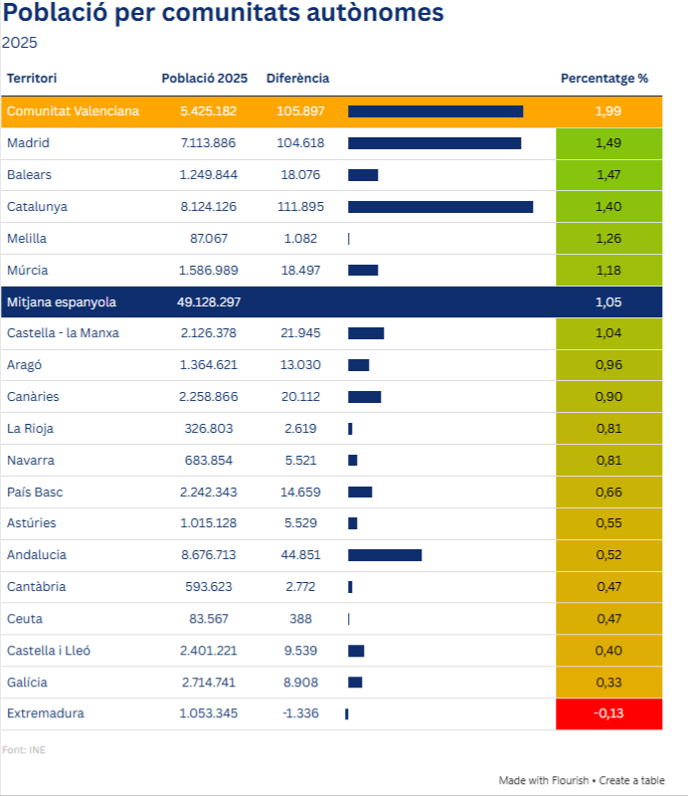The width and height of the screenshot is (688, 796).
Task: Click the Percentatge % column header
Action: [603, 78]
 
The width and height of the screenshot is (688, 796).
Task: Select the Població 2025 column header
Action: [204, 78]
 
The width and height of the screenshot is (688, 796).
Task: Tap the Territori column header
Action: [32, 78]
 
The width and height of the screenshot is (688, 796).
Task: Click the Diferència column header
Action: [297, 78]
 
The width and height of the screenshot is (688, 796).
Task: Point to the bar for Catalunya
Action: [440, 207]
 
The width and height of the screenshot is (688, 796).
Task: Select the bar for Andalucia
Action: [385, 555]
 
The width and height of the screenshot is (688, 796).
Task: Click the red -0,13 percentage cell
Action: [608, 713]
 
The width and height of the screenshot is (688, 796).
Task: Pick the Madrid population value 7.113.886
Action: [208, 143]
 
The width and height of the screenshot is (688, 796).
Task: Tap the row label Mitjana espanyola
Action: [62, 301]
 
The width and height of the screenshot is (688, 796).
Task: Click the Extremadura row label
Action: [46, 713]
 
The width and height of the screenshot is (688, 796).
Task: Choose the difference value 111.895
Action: [300, 207]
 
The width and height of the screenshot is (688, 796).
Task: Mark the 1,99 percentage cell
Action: [608, 111]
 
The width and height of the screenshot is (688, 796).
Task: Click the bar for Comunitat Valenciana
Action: [435, 111]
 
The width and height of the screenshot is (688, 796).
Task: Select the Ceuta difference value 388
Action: [300, 619]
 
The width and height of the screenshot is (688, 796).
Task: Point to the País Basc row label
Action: [35, 492]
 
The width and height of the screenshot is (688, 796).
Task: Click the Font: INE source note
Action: [24, 749]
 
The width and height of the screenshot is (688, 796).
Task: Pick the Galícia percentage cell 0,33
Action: [608, 683]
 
